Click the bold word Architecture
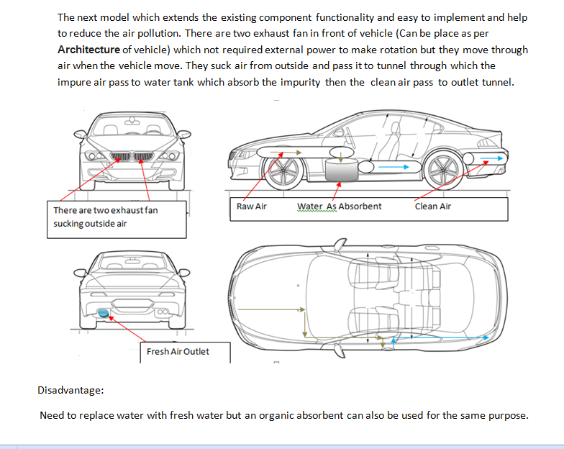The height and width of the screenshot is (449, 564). (x=88, y=50)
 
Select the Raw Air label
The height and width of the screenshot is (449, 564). (x=251, y=207)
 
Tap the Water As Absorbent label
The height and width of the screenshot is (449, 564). (x=339, y=207)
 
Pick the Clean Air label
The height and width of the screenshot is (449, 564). (x=432, y=207)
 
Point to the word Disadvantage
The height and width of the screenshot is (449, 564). (x=70, y=390)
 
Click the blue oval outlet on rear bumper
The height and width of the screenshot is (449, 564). (x=105, y=312)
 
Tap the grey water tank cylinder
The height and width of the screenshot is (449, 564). (x=341, y=171)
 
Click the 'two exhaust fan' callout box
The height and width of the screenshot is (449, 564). (x=115, y=217)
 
